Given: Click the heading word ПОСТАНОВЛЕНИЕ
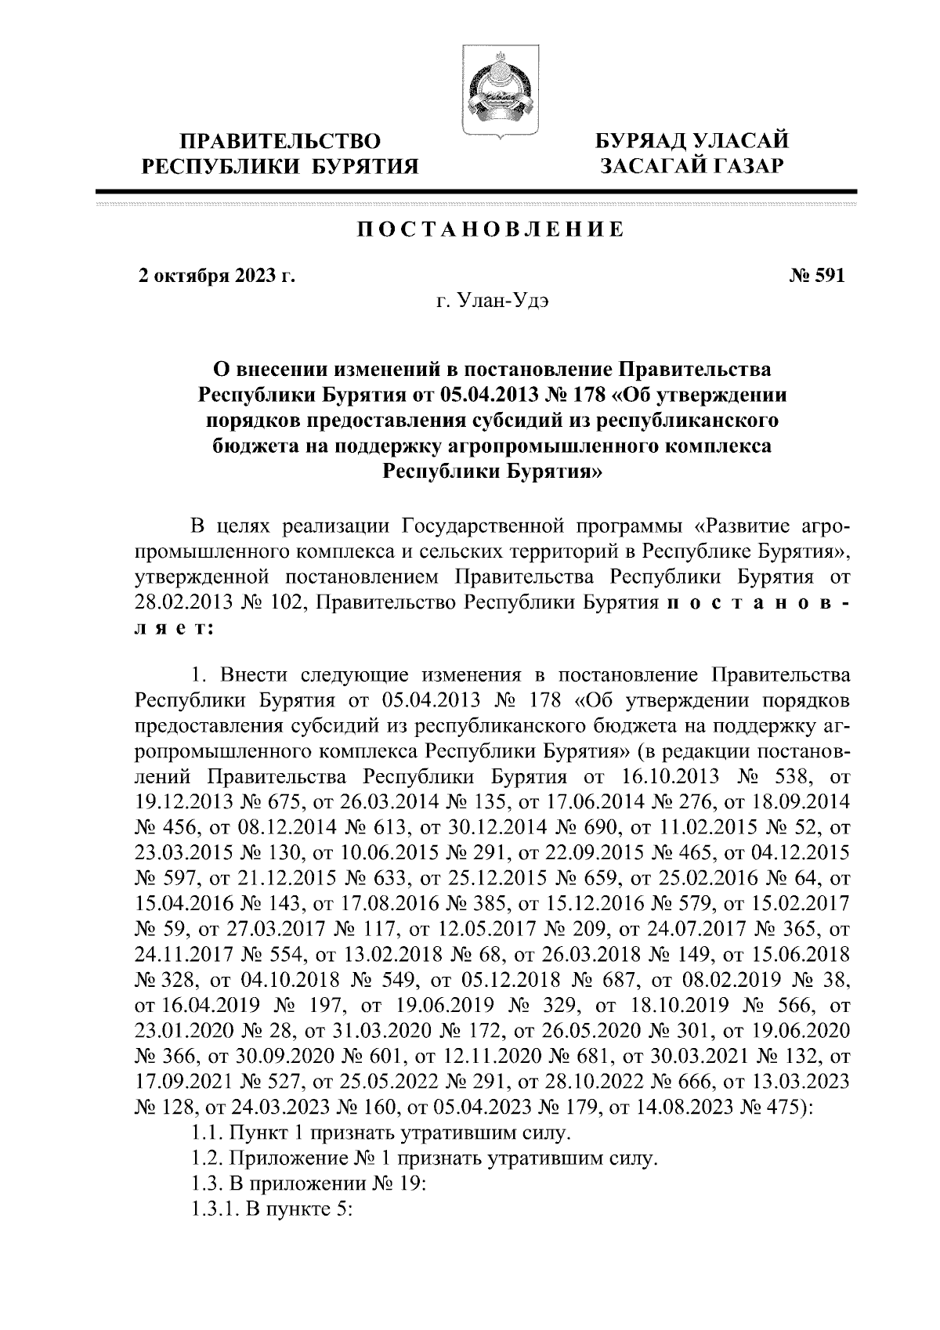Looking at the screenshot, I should click(491, 229).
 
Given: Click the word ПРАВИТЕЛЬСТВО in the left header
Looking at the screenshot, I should click(280, 142).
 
